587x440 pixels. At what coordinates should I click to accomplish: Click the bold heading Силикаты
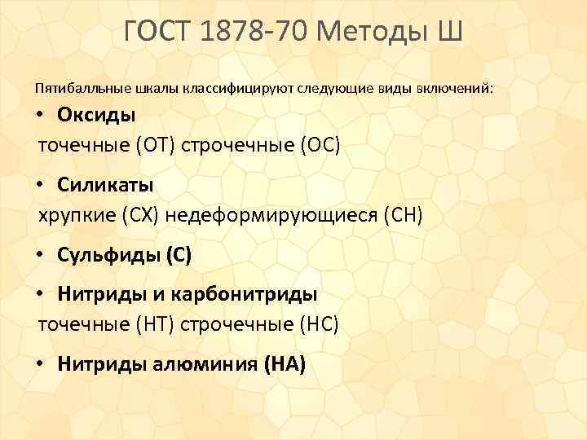coord(105,185)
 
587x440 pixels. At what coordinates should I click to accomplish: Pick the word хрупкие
coord(78,216)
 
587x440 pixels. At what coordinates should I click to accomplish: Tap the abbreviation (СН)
coord(399,216)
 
